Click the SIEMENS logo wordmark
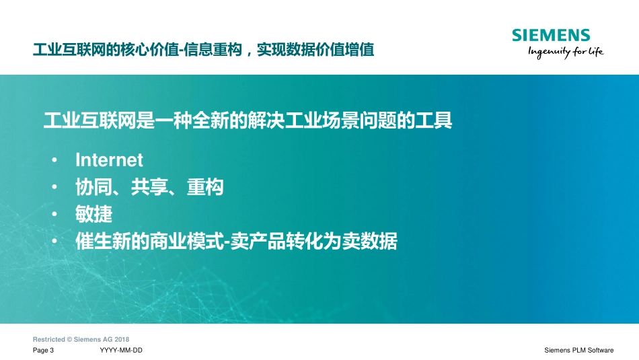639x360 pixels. click(550, 36)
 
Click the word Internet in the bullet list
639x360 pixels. click(109, 160)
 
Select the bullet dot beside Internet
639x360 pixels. click(54, 161)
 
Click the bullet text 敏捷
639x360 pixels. click(93, 215)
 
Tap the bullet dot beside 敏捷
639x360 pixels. click(54, 215)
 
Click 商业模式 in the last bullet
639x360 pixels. click(186, 242)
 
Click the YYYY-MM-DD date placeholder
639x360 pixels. click(120, 351)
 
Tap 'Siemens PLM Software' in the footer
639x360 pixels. click(578, 351)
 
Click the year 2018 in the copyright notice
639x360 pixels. click(122, 339)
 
